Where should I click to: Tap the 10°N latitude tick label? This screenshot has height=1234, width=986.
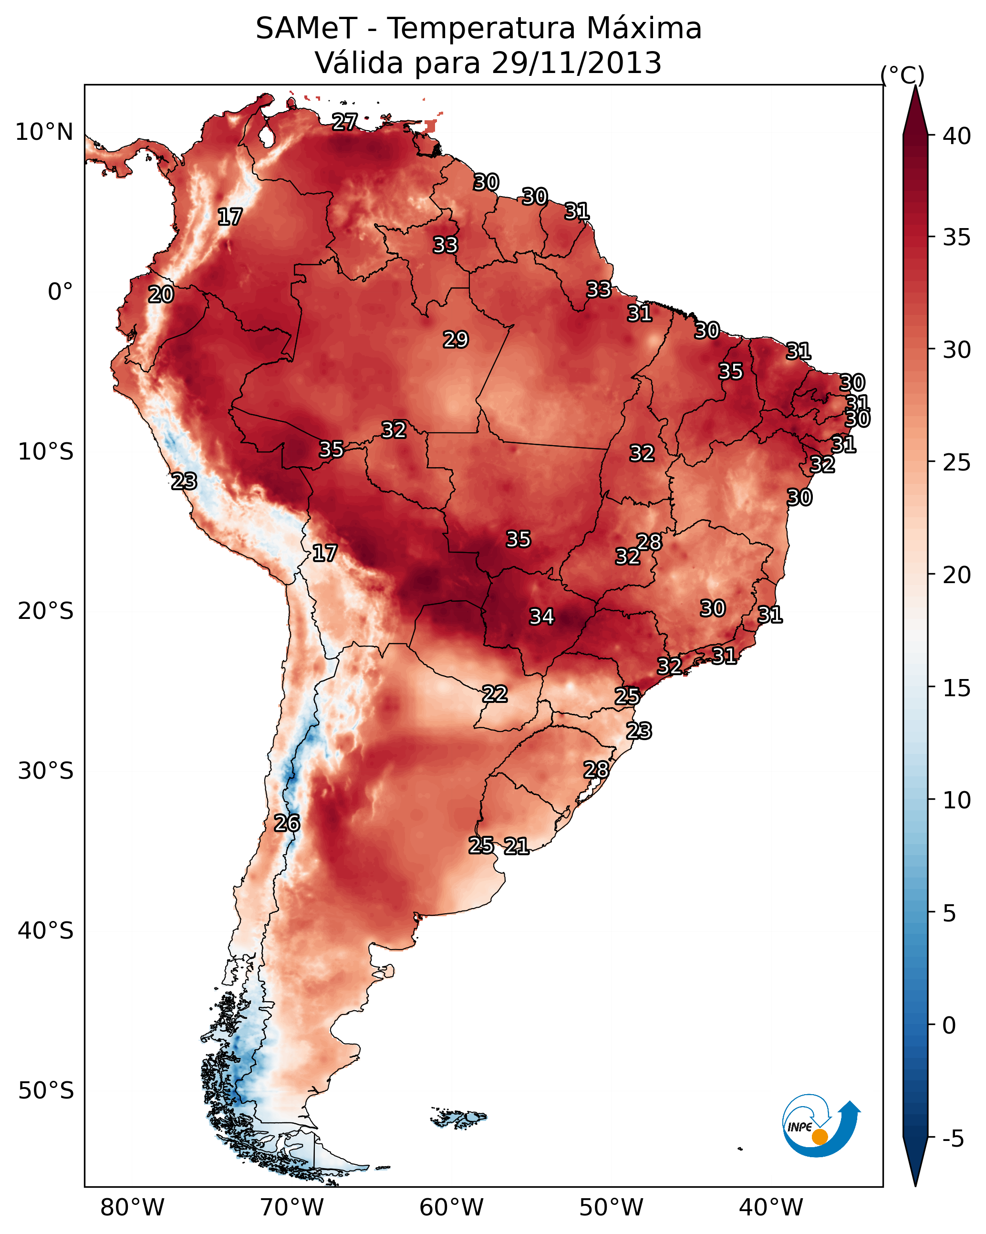(x=44, y=132)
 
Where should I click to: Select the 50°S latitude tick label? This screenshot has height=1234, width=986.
(x=46, y=1091)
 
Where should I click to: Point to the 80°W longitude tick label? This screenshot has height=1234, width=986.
(x=132, y=1207)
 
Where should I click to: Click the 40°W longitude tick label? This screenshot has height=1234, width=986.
(x=771, y=1207)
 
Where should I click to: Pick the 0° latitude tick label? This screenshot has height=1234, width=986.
(x=61, y=292)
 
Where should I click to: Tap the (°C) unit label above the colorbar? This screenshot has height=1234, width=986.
(x=903, y=75)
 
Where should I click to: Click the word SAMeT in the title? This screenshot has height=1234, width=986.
(x=307, y=29)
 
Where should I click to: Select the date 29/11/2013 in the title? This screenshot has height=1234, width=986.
(x=576, y=63)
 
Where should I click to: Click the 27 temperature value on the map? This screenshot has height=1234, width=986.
(x=345, y=122)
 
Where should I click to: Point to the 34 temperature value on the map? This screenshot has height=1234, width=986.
(x=541, y=617)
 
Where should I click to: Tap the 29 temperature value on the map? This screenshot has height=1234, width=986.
(x=456, y=340)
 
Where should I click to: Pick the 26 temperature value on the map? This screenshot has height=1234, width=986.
(x=287, y=823)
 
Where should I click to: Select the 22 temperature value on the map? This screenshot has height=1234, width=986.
(x=494, y=694)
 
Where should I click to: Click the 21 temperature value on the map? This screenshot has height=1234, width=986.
(x=516, y=846)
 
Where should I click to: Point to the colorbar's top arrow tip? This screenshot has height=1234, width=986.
(x=915, y=85)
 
